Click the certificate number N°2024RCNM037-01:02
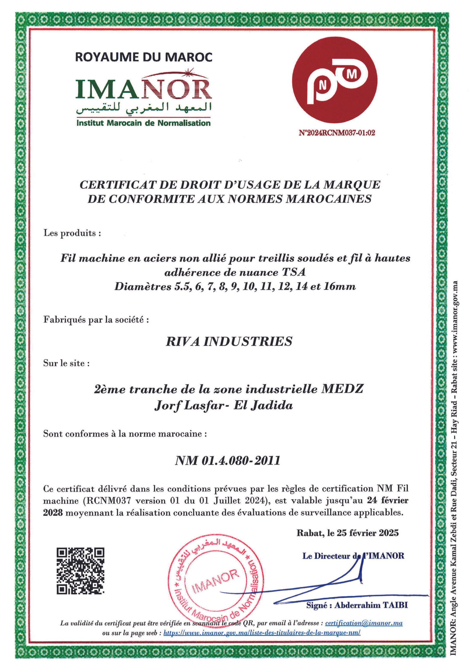tap(337, 133)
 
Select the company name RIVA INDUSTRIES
tap(229, 341)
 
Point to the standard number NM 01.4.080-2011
tap(227, 461)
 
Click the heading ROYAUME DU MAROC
tap(144, 57)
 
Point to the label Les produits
tap(72, 233)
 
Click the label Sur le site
tap(66, 363)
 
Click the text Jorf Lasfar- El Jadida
tap(224, 406)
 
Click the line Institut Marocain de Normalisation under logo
tap(144, 123)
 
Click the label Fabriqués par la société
tap(96, 319)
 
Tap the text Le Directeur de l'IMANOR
tap(353, 556)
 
